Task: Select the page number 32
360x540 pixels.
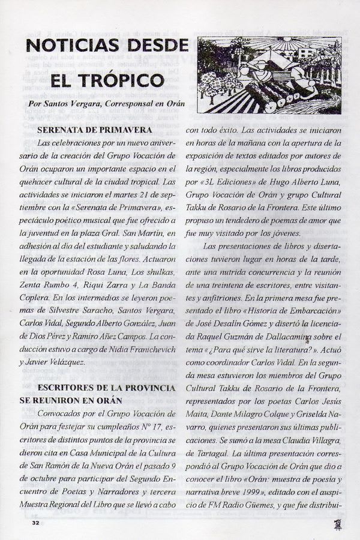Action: pos(27,523)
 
